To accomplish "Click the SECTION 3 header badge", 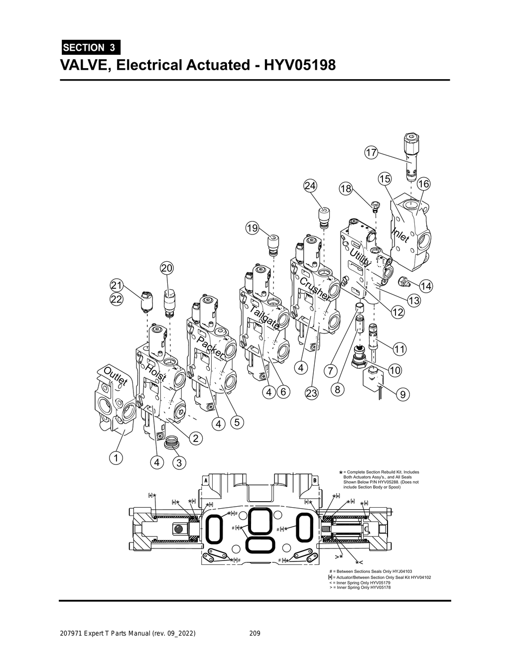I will [x=90, y=48].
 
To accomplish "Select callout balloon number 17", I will [x=371, y=153].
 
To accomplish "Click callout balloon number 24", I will [x=310, y=186].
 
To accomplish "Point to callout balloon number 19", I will [x=252, y=228].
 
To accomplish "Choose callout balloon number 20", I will [x=166, y=268].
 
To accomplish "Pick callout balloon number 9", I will [x=402, y=395].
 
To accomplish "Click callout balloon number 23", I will [x=311, y=393].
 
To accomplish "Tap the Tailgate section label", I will [x=263, y=318].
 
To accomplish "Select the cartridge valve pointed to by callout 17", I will [x=410, y=157].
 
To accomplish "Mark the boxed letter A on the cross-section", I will [x=205, y=480].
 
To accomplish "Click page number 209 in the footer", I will [x=255, y=634].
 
